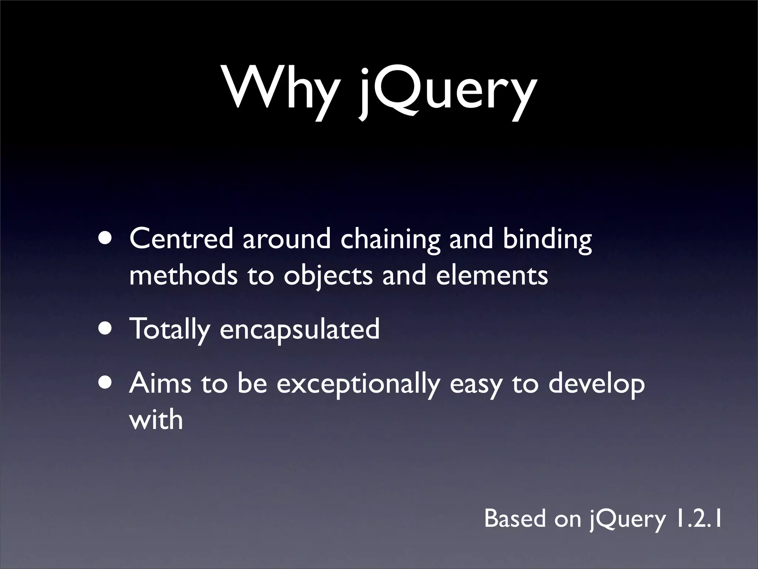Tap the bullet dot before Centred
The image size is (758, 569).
pyautogui.click(x=107, y=239)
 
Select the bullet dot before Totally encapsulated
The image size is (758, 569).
pyautogui.click(x=107, y=329)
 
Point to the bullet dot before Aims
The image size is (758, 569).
pyautogui.click(x=107, y=383)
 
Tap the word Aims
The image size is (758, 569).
pyautogui.click(x=160, y=383)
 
